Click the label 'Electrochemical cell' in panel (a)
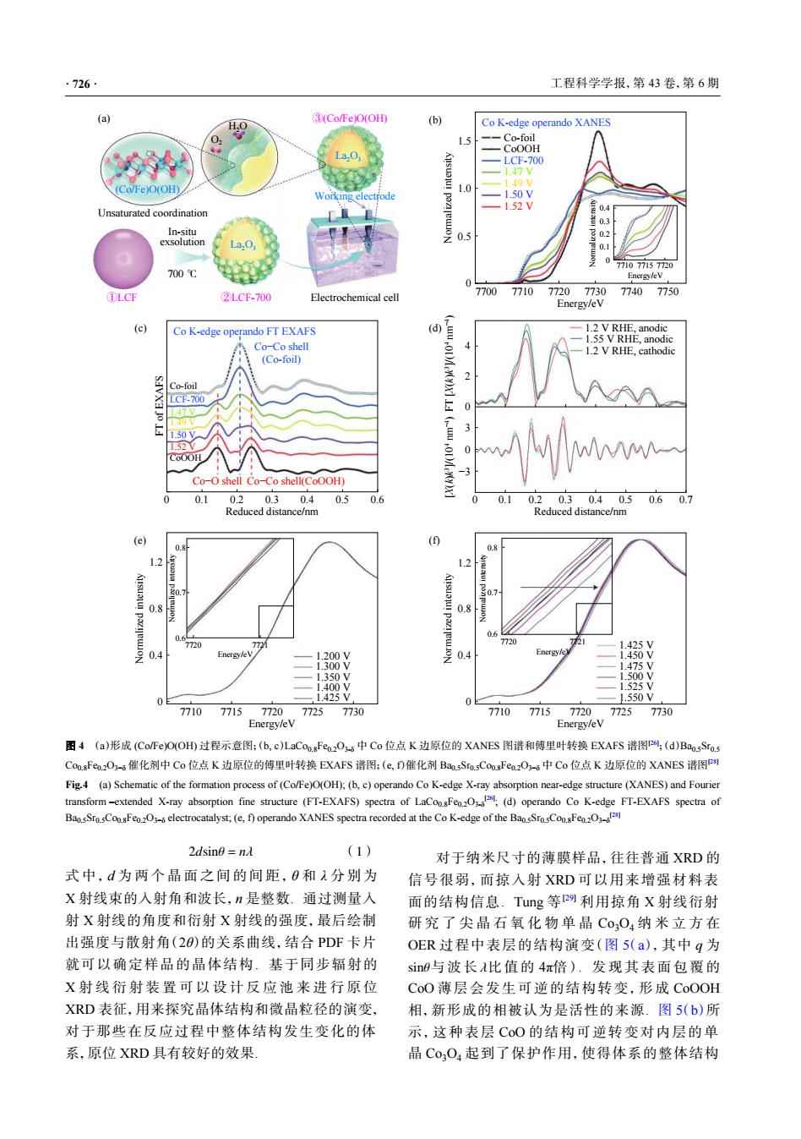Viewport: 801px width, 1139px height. point(354,298)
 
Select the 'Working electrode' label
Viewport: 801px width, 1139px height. point(354,196)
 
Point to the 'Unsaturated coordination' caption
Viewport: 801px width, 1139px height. point(152,213)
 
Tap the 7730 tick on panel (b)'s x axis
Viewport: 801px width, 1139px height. point(596,292)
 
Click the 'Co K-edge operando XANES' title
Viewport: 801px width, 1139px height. point(546,123)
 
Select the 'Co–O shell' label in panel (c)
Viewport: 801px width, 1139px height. point(217,482)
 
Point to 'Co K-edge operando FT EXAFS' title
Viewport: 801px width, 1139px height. point(244,331)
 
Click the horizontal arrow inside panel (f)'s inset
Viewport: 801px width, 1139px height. point(559,587)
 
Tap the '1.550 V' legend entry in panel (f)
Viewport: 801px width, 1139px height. point(636,698)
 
